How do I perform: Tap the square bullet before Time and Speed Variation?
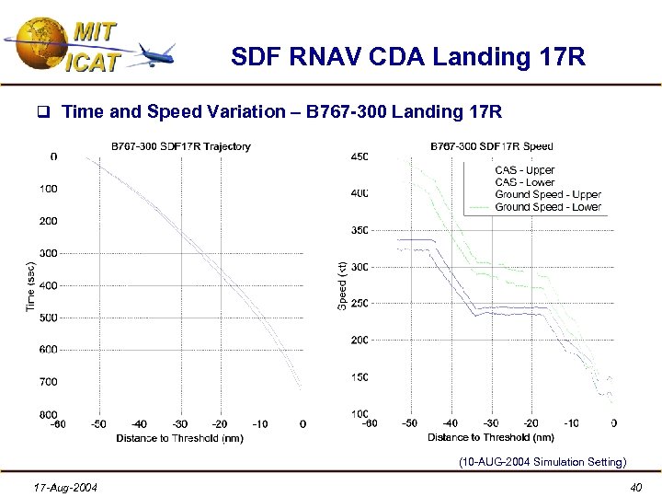41,113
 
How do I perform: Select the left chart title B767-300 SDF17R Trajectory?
180,146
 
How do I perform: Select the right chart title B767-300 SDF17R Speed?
492,146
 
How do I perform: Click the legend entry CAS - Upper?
524,170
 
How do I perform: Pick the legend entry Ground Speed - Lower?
547,207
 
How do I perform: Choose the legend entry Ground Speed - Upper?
547,195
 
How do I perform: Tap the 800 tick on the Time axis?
47,414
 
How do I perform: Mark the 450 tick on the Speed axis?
360,156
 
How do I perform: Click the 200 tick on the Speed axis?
360,341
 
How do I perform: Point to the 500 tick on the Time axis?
47,318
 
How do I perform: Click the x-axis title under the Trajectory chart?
179,438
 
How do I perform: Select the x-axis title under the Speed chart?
491,438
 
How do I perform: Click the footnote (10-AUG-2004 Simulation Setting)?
542,462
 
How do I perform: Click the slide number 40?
634,486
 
